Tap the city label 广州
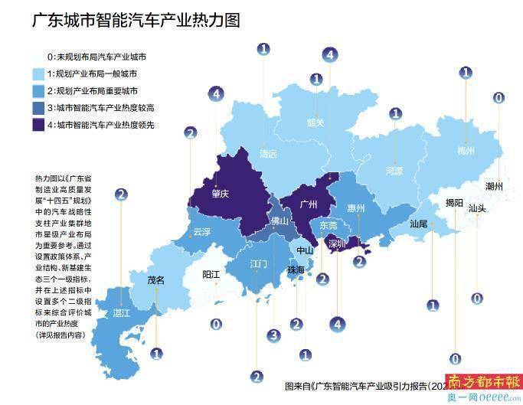click(309, 204)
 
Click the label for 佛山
click(280, 222)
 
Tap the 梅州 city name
click(466, 150)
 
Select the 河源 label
click(394, 171)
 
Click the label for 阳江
click(211, 273)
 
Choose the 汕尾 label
click(419, 224)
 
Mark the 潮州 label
click(495, 185)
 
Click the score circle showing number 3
click(273, 335)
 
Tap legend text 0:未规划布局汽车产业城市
click(96, 57)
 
